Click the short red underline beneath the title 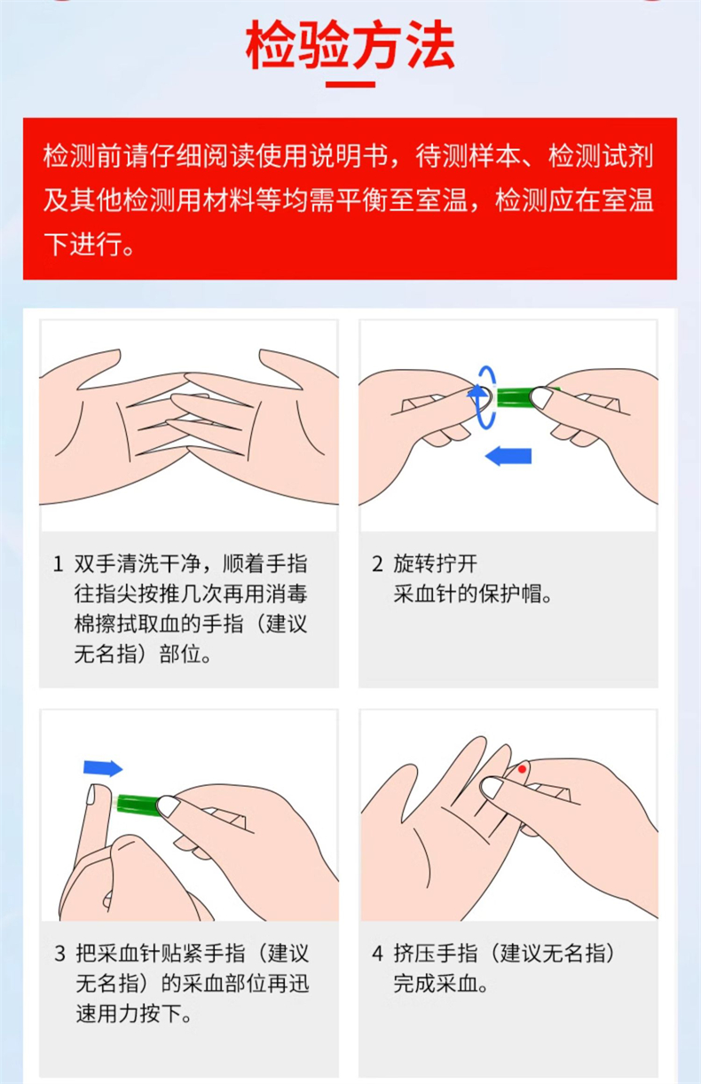tap(350, 85)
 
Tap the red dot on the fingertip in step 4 tap(523, 768)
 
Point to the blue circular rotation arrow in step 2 tap(483, 396)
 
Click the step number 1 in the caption tap(58, 564)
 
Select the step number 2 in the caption tap(376, 564)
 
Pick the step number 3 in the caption tap(59, 954)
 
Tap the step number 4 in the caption tap(376, 954)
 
